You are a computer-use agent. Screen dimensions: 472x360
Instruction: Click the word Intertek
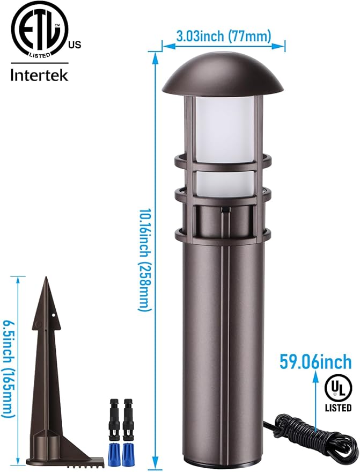(40, 75)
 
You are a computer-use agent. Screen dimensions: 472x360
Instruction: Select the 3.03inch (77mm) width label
(224, 37)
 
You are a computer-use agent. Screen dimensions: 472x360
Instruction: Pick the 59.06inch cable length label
(315, 362)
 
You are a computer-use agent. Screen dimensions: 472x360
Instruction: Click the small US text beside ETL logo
(75, 45)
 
